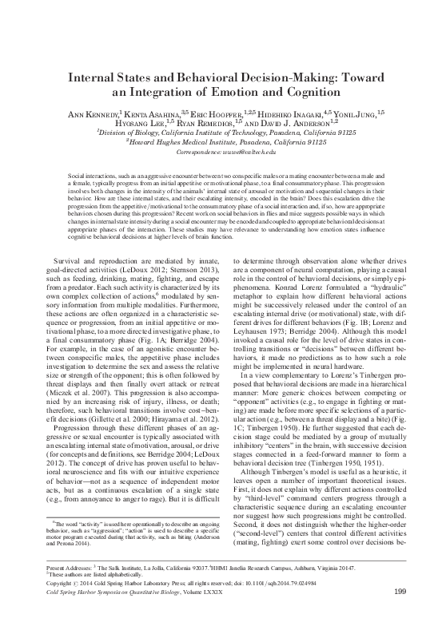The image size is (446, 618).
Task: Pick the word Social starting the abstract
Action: point(76,173)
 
